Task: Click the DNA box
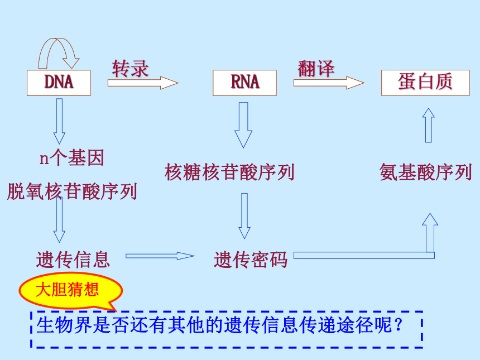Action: tap(59, 83)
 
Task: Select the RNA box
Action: tap(244, 83)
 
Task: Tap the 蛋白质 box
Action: tap(425, 83)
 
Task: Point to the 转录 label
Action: tap(130, 69)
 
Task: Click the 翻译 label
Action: tap(316, 69)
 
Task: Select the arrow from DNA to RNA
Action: tap(143, 83)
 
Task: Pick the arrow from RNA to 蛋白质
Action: tap(329, 83)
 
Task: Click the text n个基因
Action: tap(72, 157)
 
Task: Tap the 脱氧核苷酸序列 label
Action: tap(72, 191)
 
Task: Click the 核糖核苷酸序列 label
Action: tap(229, 172)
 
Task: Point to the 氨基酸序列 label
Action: tap(425, 172)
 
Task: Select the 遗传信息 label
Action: tap(73, 260)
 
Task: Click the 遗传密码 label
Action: tap(251, 260)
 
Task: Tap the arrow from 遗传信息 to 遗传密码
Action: tap(160, 256)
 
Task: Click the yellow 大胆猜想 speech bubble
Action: tap(70, 290)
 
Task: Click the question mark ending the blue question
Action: tap(399, 325)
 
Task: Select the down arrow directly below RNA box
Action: tap(243, 125)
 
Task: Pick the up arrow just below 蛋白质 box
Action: tap(429, 125)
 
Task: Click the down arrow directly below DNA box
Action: tap(59, 121)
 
